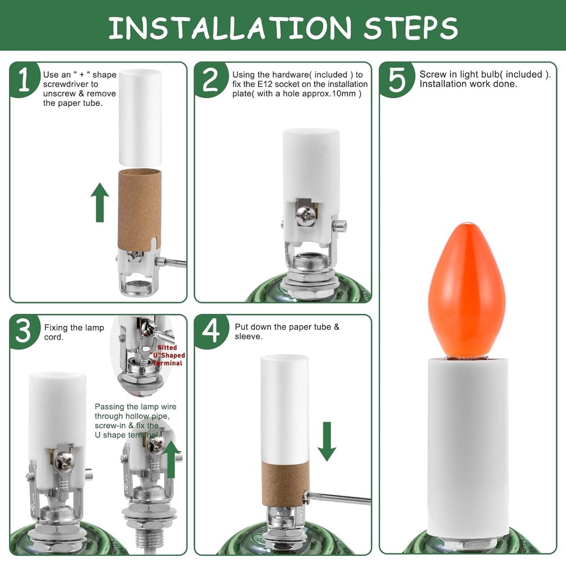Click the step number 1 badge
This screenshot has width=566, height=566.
[24, 80]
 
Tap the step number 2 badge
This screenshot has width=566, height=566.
[210, 80]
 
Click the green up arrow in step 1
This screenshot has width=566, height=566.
[100, 201]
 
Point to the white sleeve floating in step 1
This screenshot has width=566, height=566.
[140, 115]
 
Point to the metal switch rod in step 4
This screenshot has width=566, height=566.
[340, 499]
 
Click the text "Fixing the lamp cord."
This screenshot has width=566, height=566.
[74, 332]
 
